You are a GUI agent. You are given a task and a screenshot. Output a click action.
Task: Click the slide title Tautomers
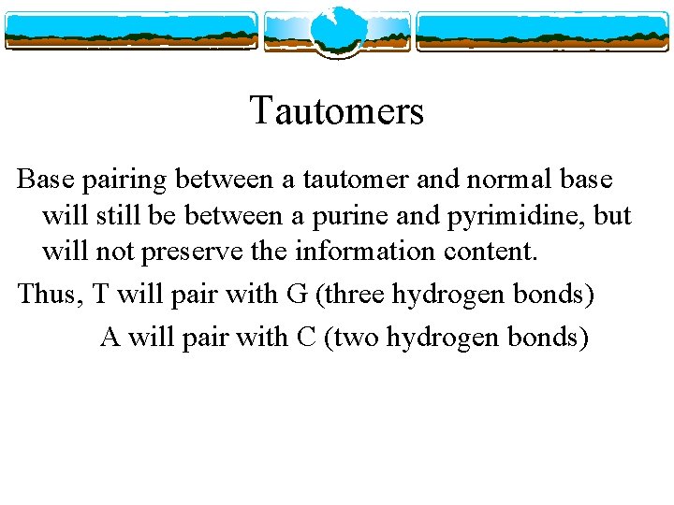coord(337,111)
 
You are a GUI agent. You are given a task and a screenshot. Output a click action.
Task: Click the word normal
coord(508,177)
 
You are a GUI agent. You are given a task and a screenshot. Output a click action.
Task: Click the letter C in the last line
coord(304,336)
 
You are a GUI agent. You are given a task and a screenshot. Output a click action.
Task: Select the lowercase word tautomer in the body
coord(349,177)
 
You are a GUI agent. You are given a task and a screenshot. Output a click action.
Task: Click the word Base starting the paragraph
coord(46,177)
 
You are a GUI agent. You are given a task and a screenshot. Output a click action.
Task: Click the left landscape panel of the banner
coord(131,31)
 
